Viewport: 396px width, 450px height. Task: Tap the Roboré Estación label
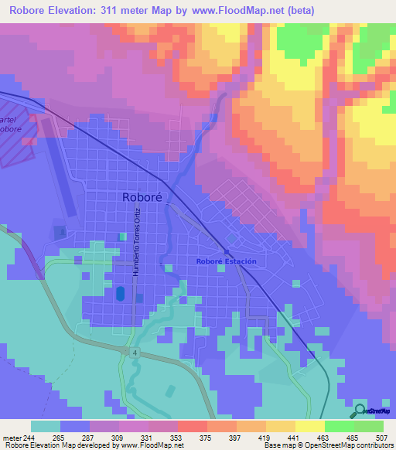pyautogui.click(x=225, y=261)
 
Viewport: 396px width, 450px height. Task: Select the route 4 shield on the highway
pyautogui.click(x=134, y=351)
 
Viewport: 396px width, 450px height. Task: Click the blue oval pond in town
pyautogui.click(x=119, y=294)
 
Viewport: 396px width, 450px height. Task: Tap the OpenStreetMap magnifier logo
pyautogui.click(x=359, y=411)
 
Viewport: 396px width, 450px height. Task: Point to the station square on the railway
pyautogui.click(x=227, y=251)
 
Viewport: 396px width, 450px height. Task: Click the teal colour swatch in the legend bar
pyautogui.click(x=46, y=426)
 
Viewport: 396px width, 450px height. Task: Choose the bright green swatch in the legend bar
pyautogui.click(x=340, y=426)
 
